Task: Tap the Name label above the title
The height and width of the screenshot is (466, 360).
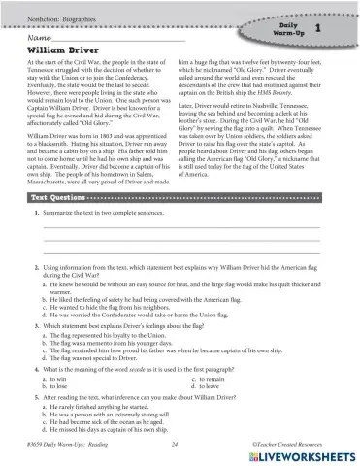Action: coord(39,34)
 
